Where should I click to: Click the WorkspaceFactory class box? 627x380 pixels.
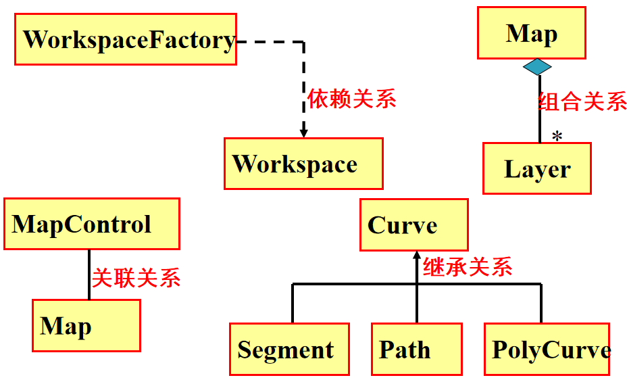coord(126,39)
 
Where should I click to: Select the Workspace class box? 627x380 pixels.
coord(303,164)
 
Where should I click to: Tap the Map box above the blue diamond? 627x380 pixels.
coord(532,33)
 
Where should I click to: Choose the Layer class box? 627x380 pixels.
coord(537,168)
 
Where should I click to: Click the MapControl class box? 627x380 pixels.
coord(92,224)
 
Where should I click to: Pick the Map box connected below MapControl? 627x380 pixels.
coord(86,325)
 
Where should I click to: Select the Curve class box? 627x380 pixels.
coord(414,225)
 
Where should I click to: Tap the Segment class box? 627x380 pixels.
coord(289,349)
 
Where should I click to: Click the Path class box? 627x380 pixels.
coord(416,349)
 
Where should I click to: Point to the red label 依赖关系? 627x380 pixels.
coord(351,99)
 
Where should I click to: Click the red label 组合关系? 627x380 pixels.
coord(582,102)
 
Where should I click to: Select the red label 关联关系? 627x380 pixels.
coord(136,278)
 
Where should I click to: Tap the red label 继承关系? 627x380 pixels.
coord(468,267)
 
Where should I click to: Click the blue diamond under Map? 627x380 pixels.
coord(537,67)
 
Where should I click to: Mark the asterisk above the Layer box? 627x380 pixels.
coord(557,137)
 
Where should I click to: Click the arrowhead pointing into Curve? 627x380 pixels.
coord(416,256)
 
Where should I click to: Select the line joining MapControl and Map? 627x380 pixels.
coord(89,275)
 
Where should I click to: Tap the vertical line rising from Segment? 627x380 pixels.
coord(293,304)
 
